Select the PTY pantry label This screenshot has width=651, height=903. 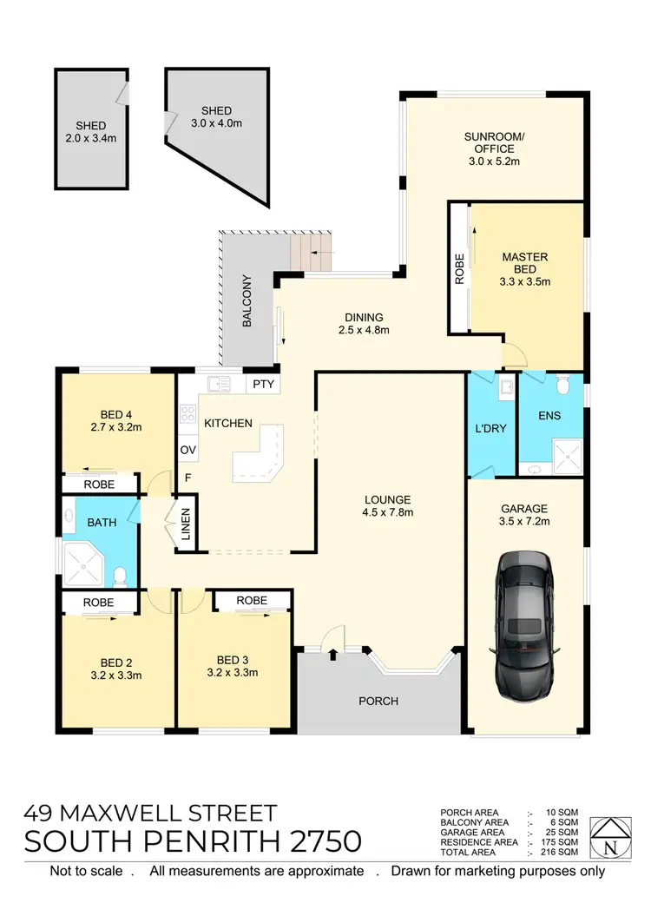261,384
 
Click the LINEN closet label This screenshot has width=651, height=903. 186,526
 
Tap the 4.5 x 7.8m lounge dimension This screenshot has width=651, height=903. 388,513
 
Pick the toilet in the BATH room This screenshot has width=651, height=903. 122,575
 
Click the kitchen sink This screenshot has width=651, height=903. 217,384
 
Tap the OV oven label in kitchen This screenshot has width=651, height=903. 187,450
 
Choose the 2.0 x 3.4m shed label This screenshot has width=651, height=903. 89,137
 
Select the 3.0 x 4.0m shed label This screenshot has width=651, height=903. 216,123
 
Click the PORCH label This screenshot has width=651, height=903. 378,701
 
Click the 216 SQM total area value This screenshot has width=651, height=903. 560,853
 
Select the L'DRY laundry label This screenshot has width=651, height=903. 490,428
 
